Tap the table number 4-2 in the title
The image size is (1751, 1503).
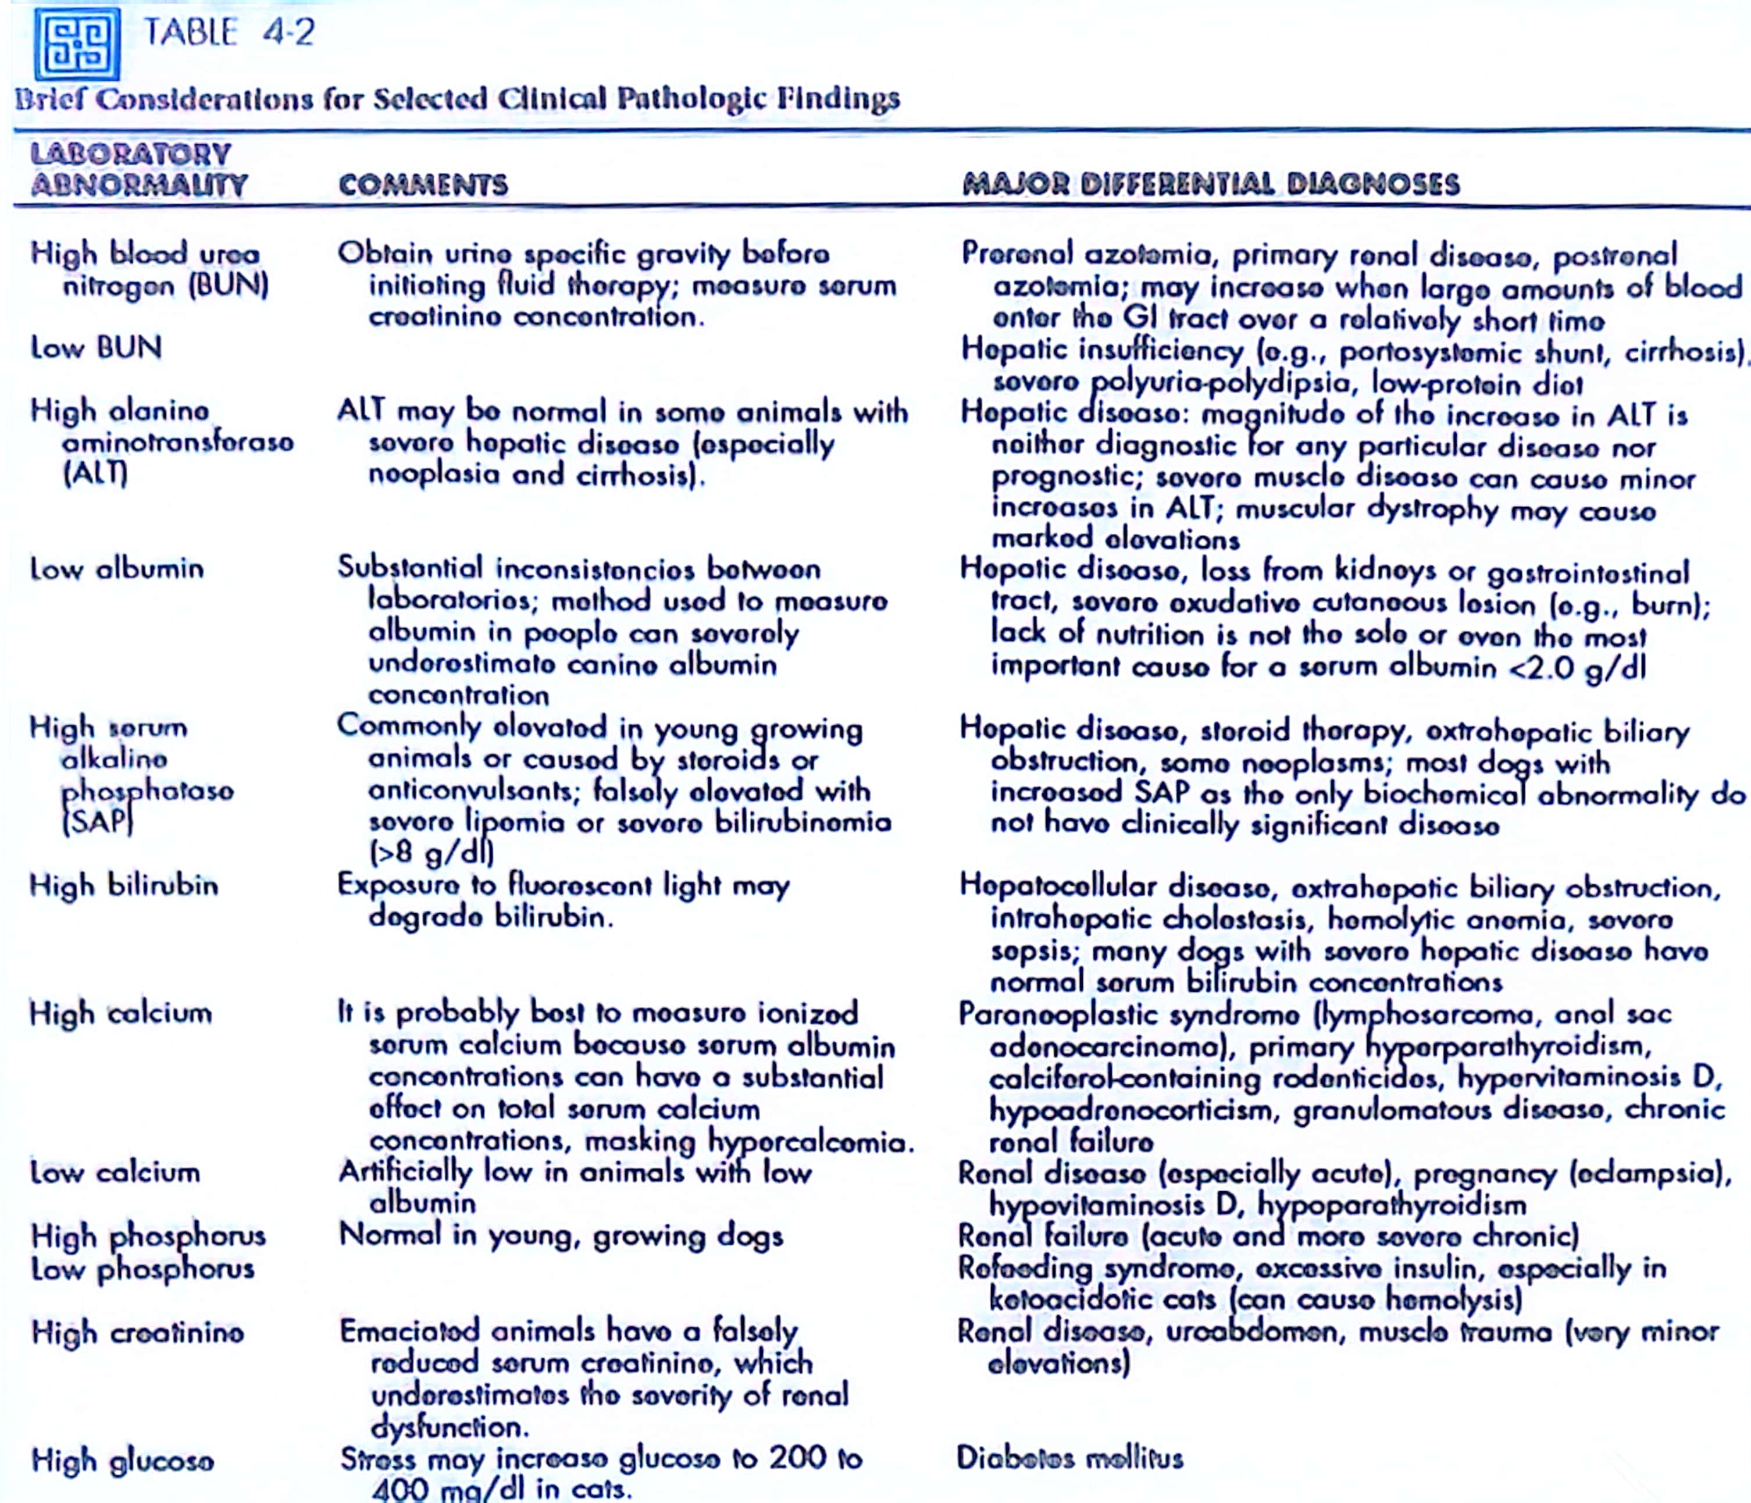coord(288,33)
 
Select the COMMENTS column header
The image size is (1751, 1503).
coord(423,185)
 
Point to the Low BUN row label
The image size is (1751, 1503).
coord(95,347)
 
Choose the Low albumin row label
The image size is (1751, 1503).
coord(117,569)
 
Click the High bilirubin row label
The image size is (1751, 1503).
coord(123,886)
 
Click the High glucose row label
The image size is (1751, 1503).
coord(123,1461)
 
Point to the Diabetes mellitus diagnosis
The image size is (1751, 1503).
coord(1069,1458)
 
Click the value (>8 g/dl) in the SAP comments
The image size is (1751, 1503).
coord(431,852)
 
